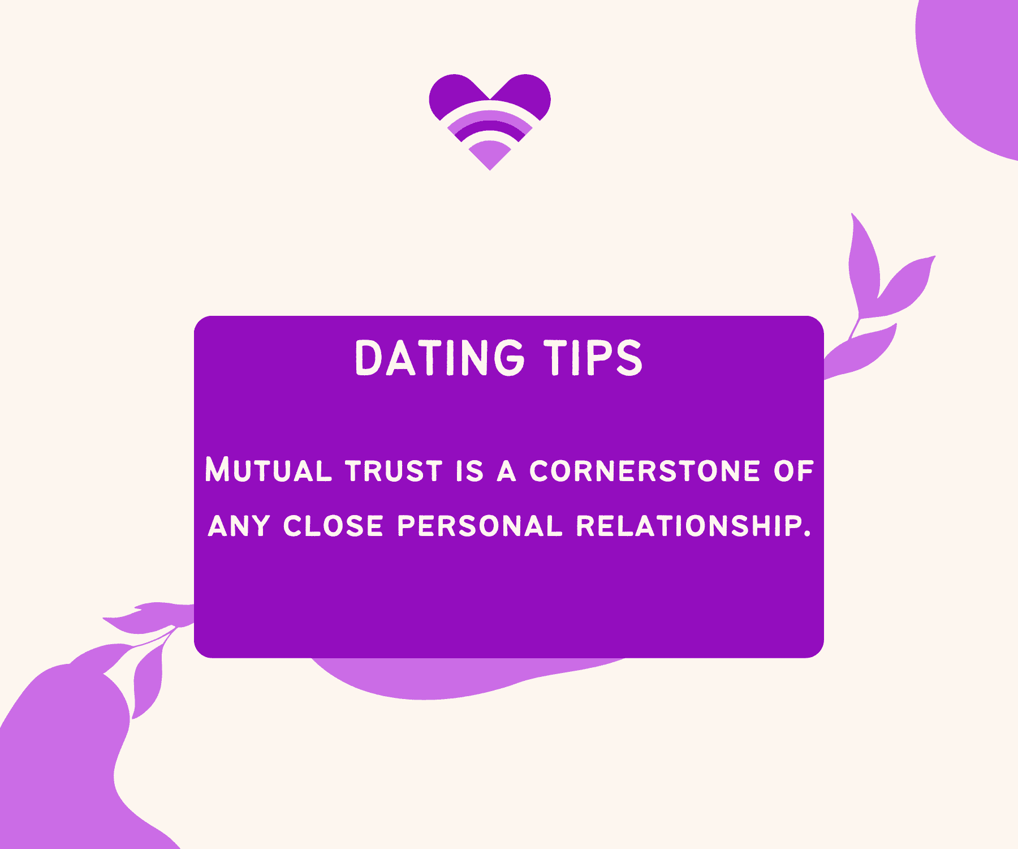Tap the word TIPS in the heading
[593, 358]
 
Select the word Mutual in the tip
[268, 470]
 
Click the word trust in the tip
[394, 471]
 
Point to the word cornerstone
[645, 471]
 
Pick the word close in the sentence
[334, 526]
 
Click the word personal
[480, 526]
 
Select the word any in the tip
[239, 526]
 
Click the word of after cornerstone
[793, 471]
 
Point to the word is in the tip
[470, 471]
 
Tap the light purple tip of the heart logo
[490, 156]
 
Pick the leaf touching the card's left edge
[150, 618]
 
